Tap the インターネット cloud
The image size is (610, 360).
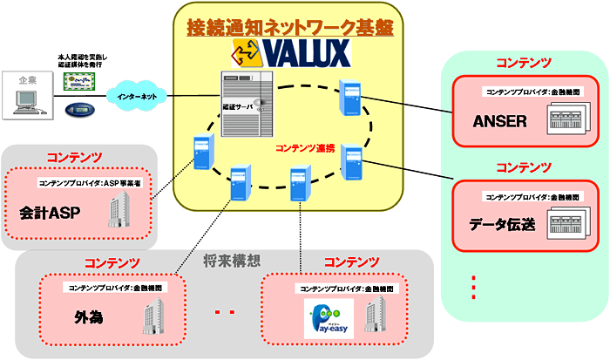tap(138, 96)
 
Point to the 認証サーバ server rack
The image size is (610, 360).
tap(246, 105)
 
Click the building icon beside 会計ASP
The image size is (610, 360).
tap(119, 209)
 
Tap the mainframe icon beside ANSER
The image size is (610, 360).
tap(570, 119)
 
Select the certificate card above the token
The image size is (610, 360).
tap(79, 84)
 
